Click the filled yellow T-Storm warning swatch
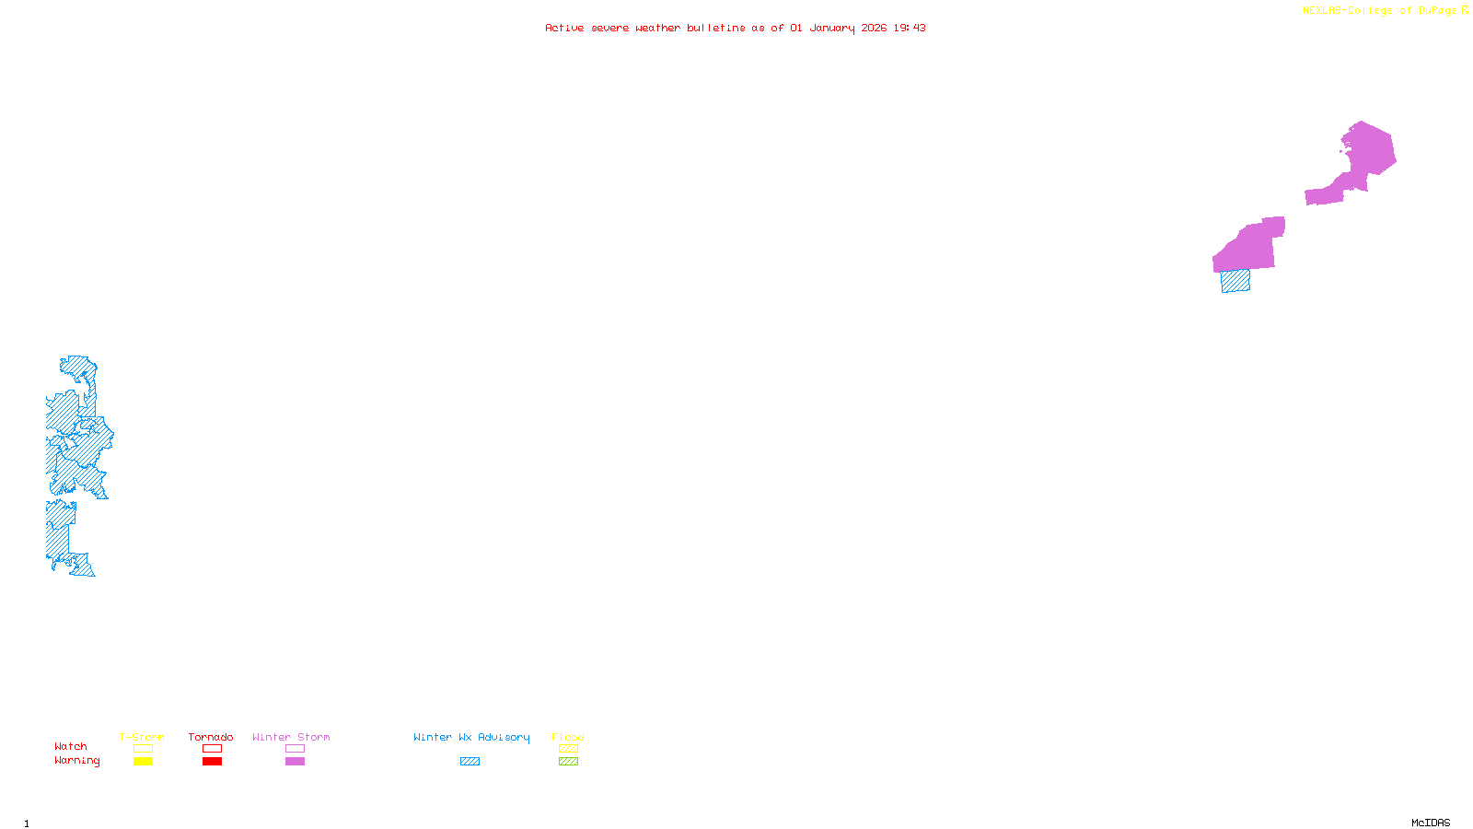143,762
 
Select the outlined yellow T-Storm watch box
143,749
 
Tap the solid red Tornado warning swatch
212,762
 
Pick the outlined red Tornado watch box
212,749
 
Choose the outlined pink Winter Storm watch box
295,749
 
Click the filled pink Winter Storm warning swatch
295,762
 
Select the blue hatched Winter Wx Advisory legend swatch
470,762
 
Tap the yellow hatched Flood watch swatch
568,749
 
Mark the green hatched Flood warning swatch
568,762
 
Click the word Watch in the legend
71,746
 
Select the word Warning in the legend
76,761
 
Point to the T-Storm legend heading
142,737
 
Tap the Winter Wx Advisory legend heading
471,737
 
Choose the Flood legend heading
568,737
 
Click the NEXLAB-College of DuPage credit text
1379,11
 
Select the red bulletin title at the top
735,28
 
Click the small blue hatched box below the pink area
1235,281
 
